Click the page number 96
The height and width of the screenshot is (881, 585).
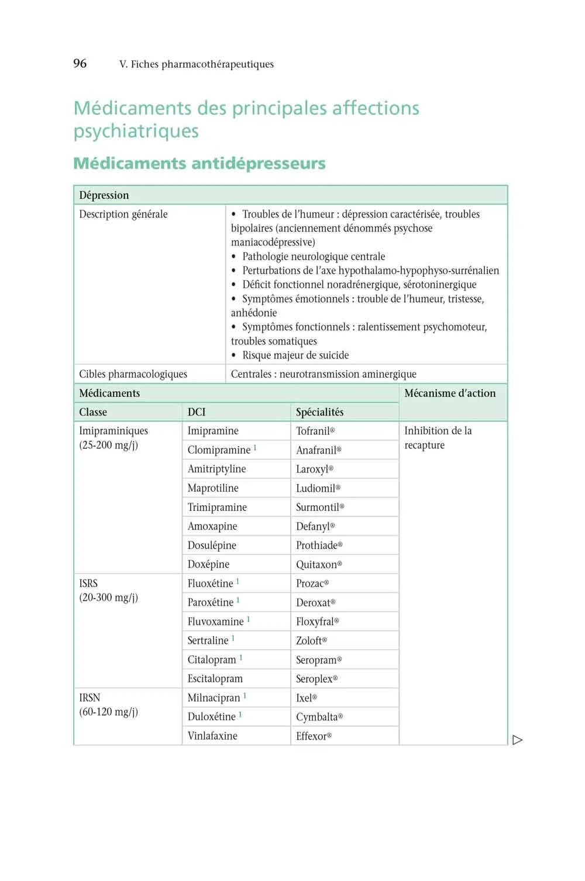pos(80,64)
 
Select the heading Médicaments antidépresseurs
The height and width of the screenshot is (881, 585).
pos(199,163)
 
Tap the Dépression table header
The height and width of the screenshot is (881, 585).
pos(104,195)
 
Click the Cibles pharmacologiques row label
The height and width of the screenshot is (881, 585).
pos(133,374)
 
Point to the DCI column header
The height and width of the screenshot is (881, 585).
pos(197,412)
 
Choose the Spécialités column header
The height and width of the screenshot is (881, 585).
pos(319,412)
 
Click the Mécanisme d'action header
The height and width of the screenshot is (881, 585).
pos(449,393)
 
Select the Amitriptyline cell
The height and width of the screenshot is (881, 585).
pos(216,469)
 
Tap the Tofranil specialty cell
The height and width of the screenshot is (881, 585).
pos(315,431)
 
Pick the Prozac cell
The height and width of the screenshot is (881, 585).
pos(312,583)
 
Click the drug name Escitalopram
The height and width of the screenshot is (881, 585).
pos(215,679)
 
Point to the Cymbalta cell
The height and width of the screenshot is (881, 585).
pos(319,717)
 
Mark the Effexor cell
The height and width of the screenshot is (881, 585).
pos(313,736)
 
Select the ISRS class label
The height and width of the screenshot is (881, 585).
pos(88,583)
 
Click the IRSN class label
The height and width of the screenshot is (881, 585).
pos(90,698)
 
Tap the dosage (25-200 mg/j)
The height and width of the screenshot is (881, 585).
pos(108,445)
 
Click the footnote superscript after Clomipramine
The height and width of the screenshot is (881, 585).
pos(255,448)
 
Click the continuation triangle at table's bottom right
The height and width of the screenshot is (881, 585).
pos(517,740)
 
